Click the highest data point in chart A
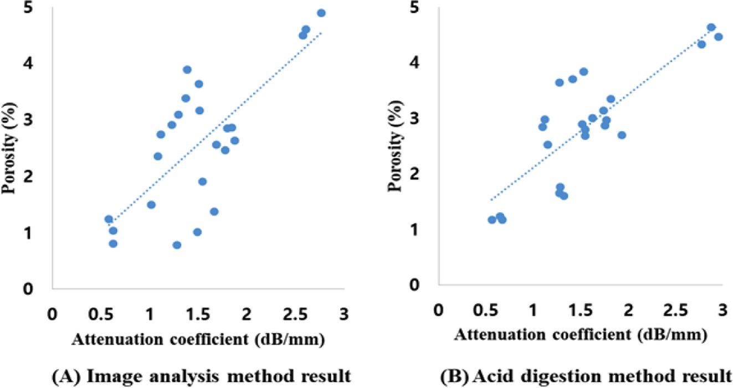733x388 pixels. coord(321,13)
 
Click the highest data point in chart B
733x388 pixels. coord(711,27)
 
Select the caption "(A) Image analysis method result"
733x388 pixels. coord(201,377)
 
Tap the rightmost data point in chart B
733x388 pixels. coord(719,37)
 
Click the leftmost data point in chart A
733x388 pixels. coord(109,219)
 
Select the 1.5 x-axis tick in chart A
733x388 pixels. coord(197,312)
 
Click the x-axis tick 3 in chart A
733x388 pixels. coord(343,312)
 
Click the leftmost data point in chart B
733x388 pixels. coord(491,220)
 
